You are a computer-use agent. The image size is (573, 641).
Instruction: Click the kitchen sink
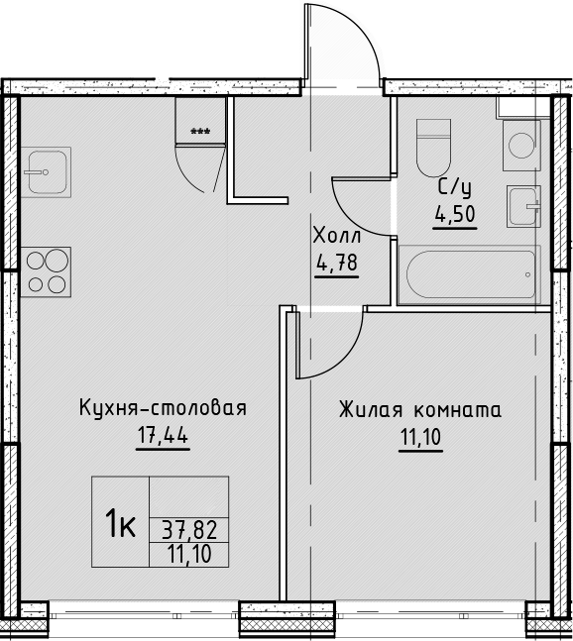coord(46,172)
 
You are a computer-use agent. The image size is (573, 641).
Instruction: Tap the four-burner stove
coord(46,271)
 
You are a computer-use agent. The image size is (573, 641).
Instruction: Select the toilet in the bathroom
coord(433,148)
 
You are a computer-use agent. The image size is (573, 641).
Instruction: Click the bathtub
coord(470,274)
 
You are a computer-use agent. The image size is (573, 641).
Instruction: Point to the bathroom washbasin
coord(523,206)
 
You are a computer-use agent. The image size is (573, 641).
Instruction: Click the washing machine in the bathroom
coord(521,145)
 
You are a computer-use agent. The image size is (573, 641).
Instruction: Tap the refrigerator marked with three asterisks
coord(200,120)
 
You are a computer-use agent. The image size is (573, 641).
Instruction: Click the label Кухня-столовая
coord(163,407)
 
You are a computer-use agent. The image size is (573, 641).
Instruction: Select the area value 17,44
coord(163,435)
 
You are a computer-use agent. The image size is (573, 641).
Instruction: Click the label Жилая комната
coord(420,409)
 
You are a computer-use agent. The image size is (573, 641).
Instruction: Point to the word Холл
coord(337,236)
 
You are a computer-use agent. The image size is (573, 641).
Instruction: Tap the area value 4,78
coord(337,263)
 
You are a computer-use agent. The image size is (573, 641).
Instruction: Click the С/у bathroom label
coord(455,188)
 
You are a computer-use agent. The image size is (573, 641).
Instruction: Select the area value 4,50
coord(455,214)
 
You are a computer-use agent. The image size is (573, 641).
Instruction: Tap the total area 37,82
coord(189,530)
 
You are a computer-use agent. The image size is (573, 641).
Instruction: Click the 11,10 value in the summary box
coord(189,555)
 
